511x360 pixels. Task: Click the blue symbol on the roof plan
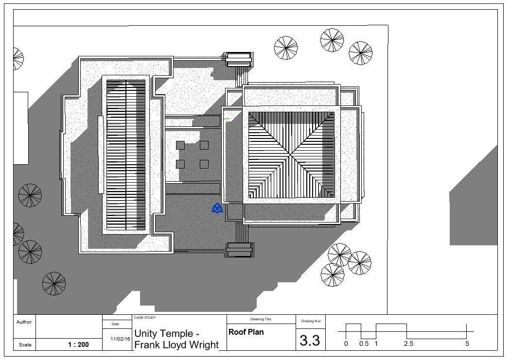click(x=217, y=209)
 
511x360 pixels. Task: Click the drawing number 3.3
click(x=310, y=340)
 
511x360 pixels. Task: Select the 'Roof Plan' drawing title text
click(x=246, y=332)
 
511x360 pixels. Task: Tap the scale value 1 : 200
click(x=78, y=345)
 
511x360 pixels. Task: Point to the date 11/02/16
click(x=121, y=339)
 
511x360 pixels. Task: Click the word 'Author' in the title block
click(x=24, y=322)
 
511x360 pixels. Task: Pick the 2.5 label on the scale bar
click(x=408, y=344)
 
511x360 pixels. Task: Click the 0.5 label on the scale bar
click(x=364, y=344)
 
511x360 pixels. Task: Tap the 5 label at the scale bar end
click(x=467, y=344)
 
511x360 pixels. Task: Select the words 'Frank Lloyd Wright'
click(x=176, y=345)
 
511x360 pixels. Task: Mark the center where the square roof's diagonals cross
click(x=292, y=155)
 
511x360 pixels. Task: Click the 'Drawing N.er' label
click(x=311, y=321)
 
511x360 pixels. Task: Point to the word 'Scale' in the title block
click(x=25, y=345)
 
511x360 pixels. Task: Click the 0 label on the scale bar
click(x=346, y=344)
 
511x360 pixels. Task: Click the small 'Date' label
click(x=115, y=324)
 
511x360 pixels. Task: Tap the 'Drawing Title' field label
click(x=261, y=319)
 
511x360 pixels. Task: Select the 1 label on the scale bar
click(x=376, y=344)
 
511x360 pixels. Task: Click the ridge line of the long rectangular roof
click(x=126, y=155)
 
